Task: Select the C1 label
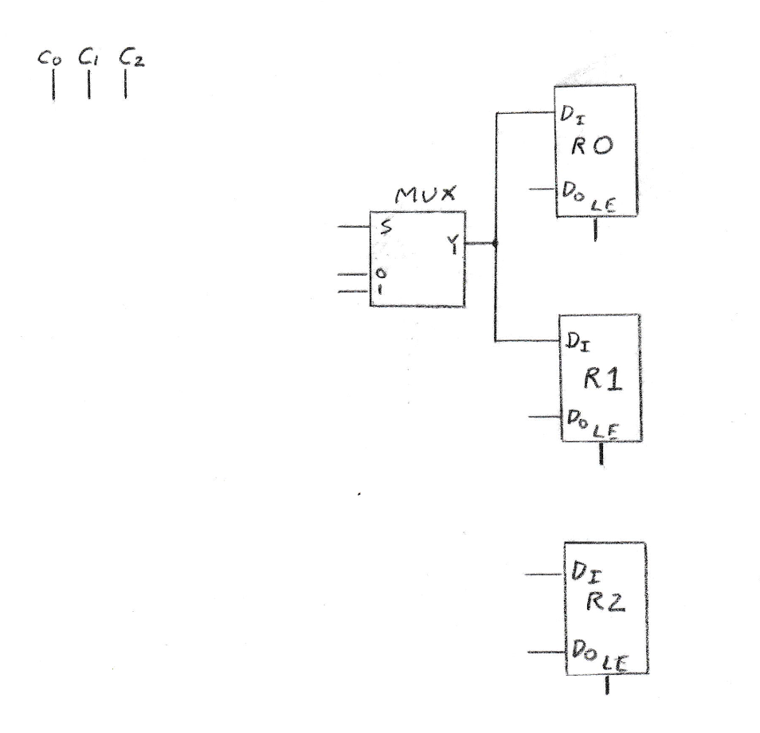tap(88, 58)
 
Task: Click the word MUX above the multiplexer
tap(420, 198)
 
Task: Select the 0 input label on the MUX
tap(381, 274)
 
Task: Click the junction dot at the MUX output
tap(496, 243)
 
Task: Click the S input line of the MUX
tap(354, 227)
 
